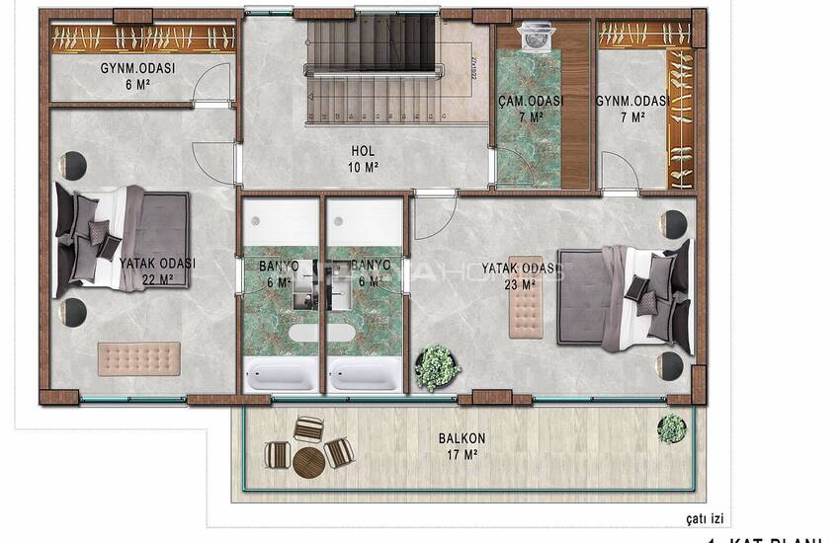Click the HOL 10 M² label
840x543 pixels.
tap(364, 158)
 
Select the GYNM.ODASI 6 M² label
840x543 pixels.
tap(137, 76)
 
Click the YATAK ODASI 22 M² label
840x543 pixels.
tap(157, 271)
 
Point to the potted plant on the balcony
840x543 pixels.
tap(672, 427)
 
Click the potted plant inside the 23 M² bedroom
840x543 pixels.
tap(437, 367)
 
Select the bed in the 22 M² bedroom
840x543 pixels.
tap(121, 239)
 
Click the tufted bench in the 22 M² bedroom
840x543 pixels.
tap(138, 357)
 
